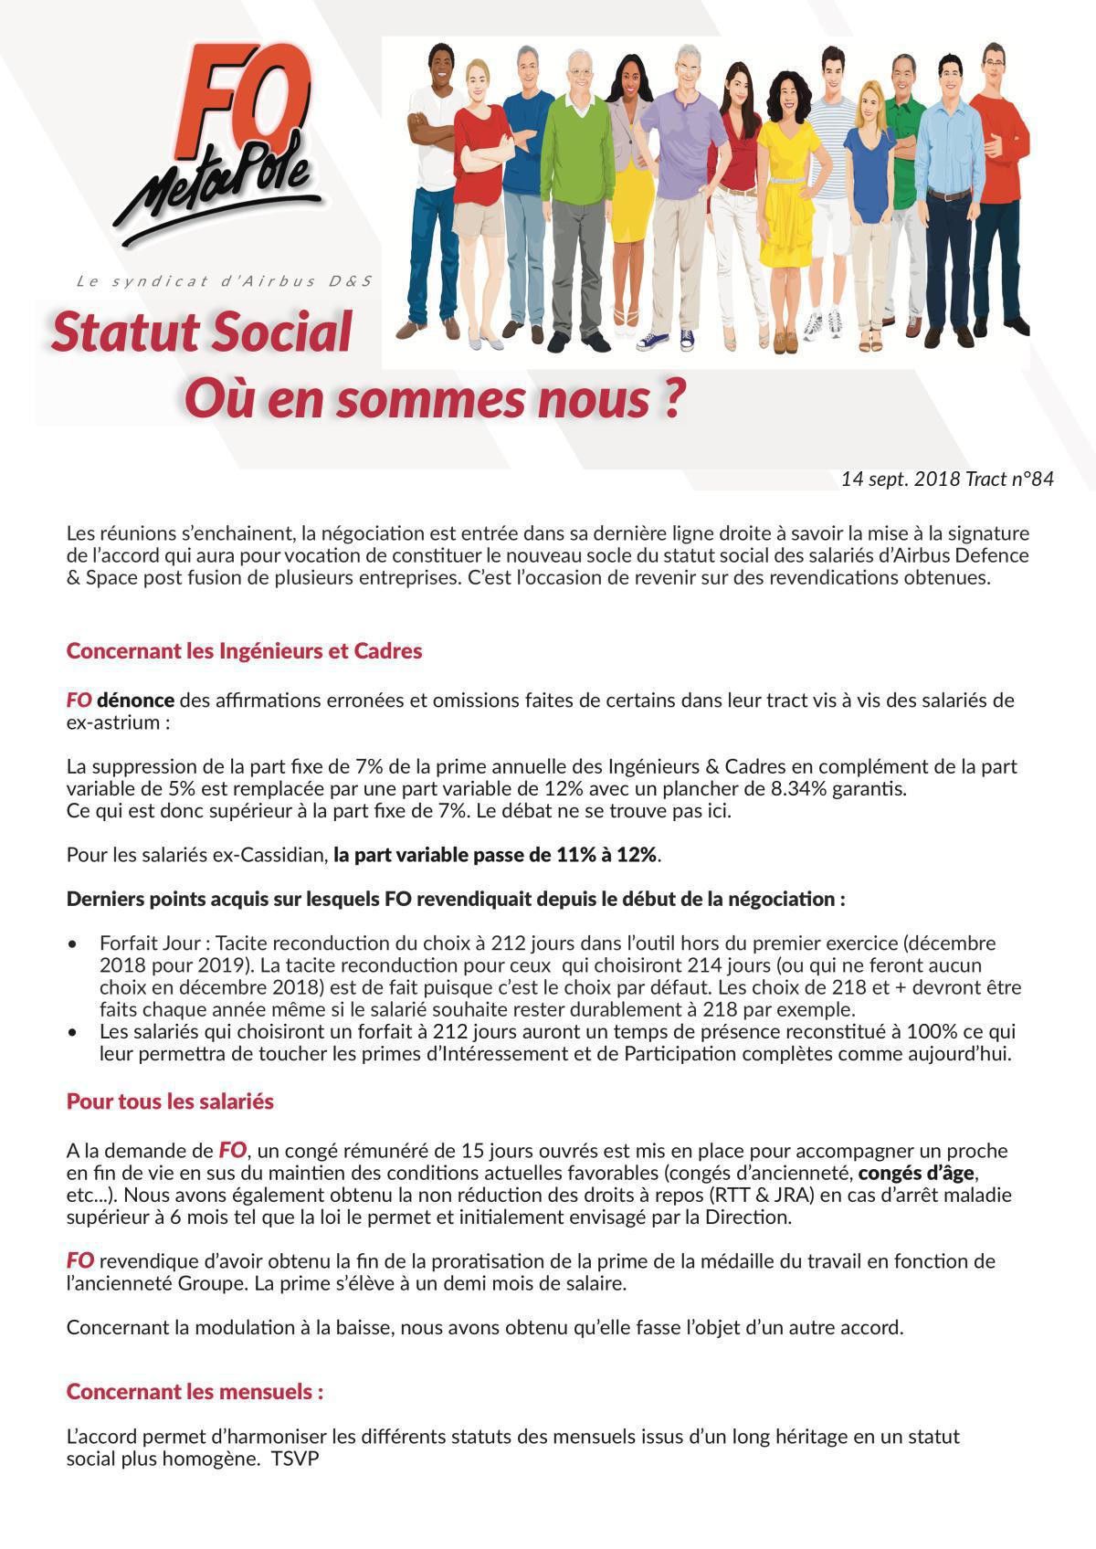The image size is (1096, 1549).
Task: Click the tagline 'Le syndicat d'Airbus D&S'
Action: (225, 281)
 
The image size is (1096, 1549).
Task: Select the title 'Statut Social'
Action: (202, 332)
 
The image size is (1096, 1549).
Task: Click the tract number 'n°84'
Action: (1032, 479)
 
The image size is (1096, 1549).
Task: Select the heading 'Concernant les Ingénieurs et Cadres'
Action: (244, 651)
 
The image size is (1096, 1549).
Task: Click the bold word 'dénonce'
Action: (135, 701)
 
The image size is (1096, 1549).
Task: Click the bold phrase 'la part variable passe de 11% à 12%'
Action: (496, 855)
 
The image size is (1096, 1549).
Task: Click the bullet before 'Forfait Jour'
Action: (73, 943)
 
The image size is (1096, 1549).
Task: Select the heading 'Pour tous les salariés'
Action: (170, 1101)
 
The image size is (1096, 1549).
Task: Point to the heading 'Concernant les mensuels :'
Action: (195, 1392)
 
